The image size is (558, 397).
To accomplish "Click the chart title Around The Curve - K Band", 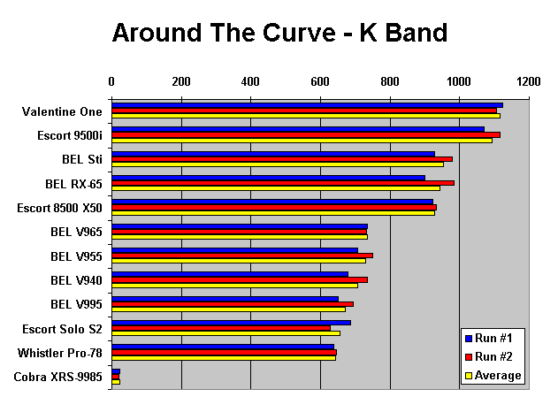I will pyautogui.click(x=279, y=33).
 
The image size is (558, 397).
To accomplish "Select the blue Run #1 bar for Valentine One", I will pyautogui.click(x=306, y=105).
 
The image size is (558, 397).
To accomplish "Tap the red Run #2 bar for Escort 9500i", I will pyautogui.click(x=305, y=134).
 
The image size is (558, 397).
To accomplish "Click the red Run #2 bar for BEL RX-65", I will pyautogui.click(x=282, y=183).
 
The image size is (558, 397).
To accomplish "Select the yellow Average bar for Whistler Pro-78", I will pyautogui.click(x=223, y=357).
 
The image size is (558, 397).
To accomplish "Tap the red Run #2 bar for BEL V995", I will pyautogui.click(x=232, y=303).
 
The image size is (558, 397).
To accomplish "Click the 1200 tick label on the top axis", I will pyautogui.click(x=529, y=81).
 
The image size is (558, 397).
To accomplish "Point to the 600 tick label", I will pyautogui.click(x=320, y=81).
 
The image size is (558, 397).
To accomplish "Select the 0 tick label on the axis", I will pyautogui.click(x=111, y=81).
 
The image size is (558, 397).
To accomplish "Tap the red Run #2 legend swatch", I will pyautogui.click(x=469, y=357).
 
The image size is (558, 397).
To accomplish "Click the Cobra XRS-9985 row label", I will pyautogui.click(x=58, y=378).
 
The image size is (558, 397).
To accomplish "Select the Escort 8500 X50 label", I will pyautogui.click(x=60, y=209).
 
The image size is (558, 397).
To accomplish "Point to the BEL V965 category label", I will pyautogui.click(x=77, y=233).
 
